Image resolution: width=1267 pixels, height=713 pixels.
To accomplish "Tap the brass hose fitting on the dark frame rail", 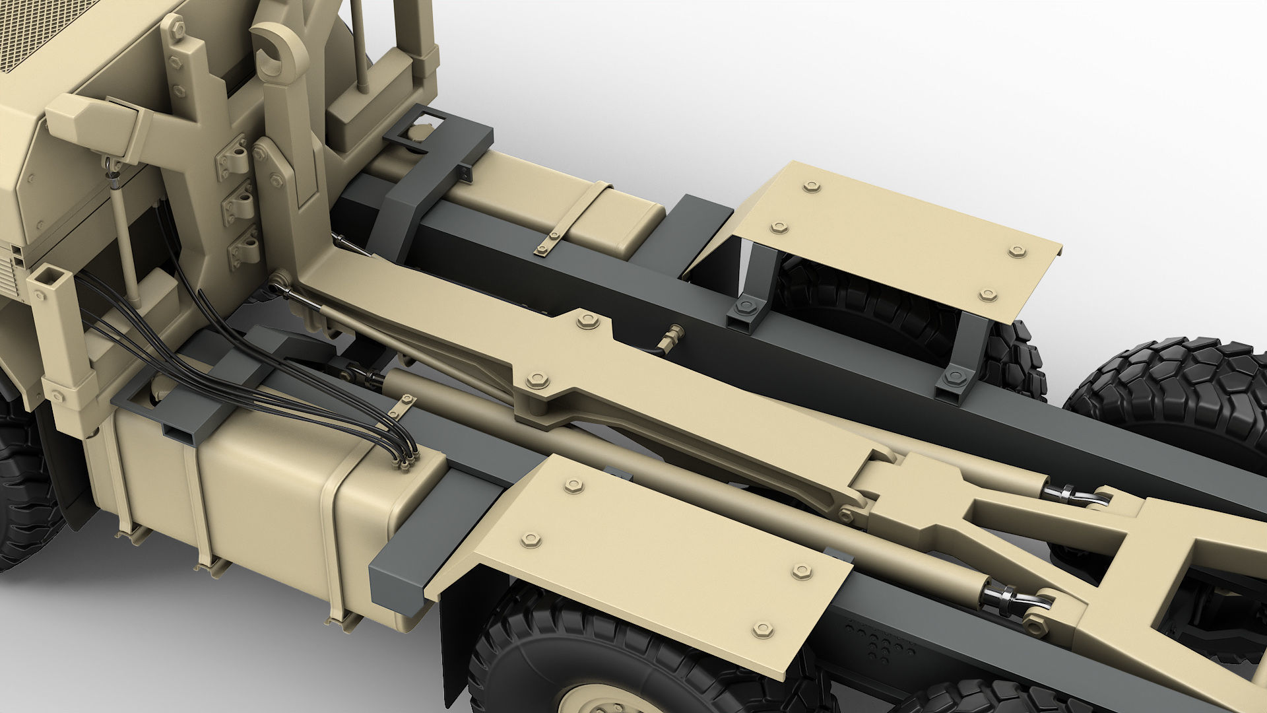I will (x=672, y=335).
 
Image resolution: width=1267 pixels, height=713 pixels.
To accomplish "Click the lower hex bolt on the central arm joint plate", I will (x=535, y=380).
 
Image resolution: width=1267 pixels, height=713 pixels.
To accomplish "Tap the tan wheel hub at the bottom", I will (x=594, y=696).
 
